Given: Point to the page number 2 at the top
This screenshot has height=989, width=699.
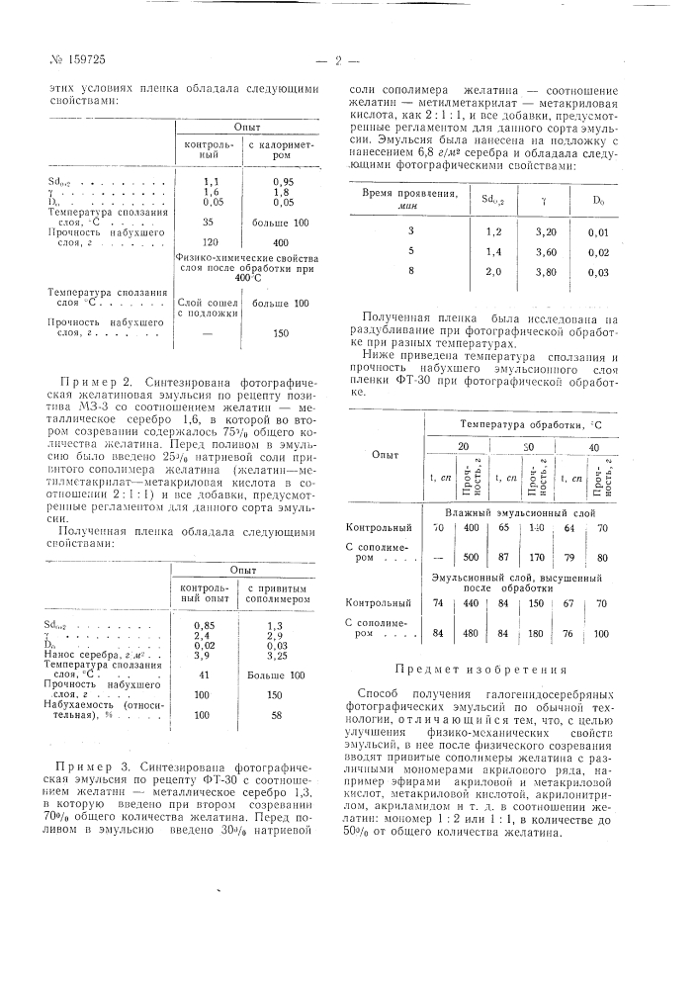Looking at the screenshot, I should coord(338,60).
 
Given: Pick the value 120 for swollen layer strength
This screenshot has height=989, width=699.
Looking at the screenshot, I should coord(210,241).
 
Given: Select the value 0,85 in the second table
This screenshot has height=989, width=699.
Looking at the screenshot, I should coord(206,625).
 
